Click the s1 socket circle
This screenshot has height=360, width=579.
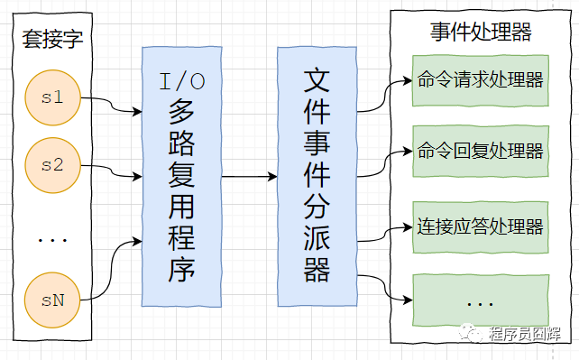click(x=53, y=97)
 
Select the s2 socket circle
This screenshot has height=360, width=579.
click(x=53, y=165)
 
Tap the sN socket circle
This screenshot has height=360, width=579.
click(x=52, y=300)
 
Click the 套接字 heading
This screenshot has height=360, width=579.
click(x=52, y=39)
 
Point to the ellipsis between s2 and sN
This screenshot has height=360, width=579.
click(x=52, y=240)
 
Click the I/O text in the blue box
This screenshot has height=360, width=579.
click(x=182, y=81)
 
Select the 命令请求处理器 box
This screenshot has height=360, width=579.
click(x=481, y=80)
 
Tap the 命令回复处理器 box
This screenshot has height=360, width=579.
click(x=481, y=151)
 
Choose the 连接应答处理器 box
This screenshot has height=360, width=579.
click(x=481, y=227)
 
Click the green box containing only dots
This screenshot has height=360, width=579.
click(x=481, y=300)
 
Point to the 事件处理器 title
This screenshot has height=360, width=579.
click(x=481, y=32)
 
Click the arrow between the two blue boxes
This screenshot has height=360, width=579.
click(x=250, y=177)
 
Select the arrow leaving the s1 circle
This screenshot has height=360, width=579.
click(x=112, y=105)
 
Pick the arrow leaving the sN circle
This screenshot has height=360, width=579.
click(x=112, y=271)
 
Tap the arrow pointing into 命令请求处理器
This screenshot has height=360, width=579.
click(x=384, y=96)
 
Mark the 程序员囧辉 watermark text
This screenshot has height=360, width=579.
click(x=525, y=334)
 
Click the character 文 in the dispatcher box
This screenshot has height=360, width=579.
click(x=317, y=80)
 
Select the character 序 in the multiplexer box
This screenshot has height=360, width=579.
click(x=181, y=270)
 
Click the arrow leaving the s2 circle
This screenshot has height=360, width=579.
click(x=112, y=171)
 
